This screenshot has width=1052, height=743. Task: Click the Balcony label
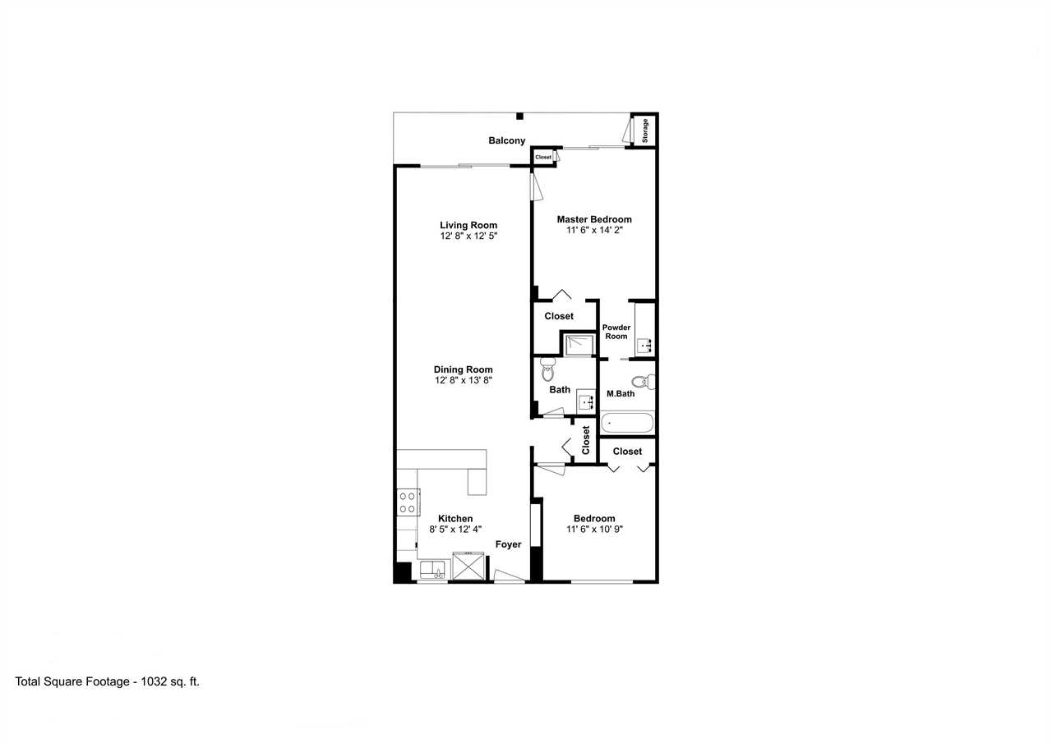507,140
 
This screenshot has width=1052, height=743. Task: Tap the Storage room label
645,131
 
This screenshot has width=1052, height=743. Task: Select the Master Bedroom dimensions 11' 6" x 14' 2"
594,231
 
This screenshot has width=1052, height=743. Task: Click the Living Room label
468,225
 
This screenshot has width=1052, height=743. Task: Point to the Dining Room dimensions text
463,380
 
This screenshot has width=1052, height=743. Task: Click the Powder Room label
616,332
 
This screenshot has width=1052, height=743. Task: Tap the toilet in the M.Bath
644,381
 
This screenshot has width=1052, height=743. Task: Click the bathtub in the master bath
627,423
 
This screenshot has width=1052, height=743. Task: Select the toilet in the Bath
547,369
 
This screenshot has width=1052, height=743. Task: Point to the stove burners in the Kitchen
408,502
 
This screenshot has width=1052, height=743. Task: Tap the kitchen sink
432,570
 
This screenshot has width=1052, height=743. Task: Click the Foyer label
508,544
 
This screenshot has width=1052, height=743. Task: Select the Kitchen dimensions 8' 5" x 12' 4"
455,529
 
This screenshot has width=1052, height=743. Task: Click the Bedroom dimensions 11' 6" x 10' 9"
594,529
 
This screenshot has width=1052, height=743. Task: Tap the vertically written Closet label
586,440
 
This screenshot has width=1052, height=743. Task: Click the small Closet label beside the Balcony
543,157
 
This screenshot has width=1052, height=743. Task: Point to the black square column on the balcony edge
519,117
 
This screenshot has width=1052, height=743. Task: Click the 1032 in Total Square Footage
154,681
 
